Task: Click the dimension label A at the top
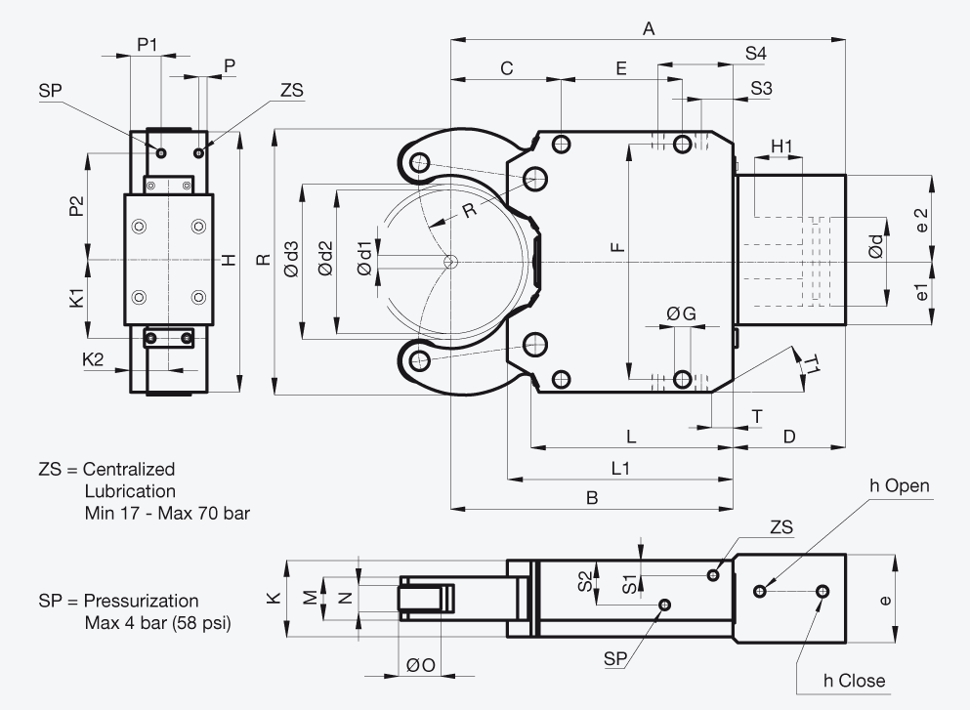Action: [x=649, y=28]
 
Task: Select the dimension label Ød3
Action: [x=291, y=259]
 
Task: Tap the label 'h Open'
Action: [x=900, y=486]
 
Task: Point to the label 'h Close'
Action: [x=854, y=681]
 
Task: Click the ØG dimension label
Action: [x=681, y=314]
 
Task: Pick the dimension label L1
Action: [x=620, y=468]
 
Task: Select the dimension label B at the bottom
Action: [x=592, y=498]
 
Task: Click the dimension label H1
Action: [x=781, y=146]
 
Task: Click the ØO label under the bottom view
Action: [x=421, y=665]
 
